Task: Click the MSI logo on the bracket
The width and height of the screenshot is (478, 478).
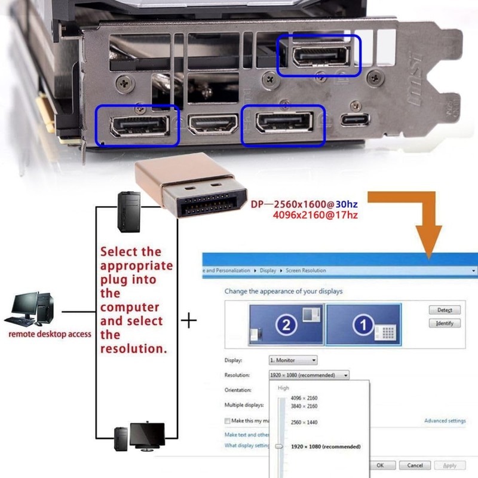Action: point(416,77)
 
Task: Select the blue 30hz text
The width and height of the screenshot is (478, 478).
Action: point(347,204)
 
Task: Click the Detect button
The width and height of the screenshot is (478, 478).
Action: point(445,310)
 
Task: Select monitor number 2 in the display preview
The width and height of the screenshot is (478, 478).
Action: point(286,325)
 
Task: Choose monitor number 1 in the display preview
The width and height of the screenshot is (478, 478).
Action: point(363,325)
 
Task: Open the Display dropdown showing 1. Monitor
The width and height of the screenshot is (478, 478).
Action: point(293,360)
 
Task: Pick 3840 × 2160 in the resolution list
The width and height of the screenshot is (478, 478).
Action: point(304,406)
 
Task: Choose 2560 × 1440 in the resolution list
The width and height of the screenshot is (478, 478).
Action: point(304,422)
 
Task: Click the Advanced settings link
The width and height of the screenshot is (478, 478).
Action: point(445,421)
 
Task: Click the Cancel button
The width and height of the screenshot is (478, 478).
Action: point(415,465)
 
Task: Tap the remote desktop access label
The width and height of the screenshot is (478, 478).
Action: point(50,334)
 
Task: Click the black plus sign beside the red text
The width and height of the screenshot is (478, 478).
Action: point(189,321)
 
